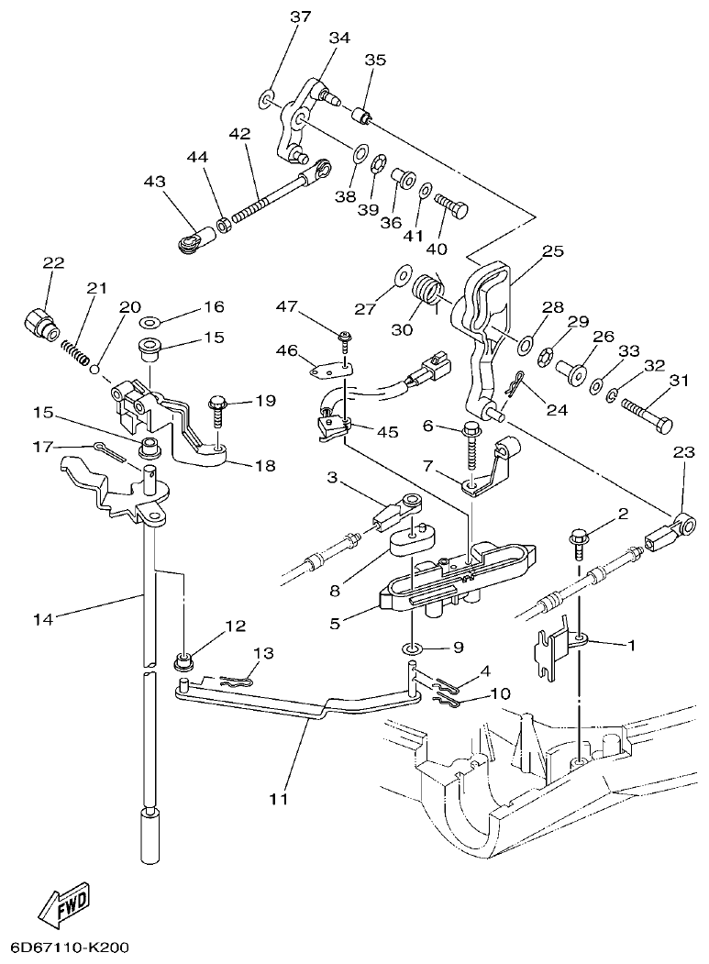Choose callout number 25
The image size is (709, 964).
551,249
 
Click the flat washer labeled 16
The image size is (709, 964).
149,323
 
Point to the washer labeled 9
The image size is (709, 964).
412,649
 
